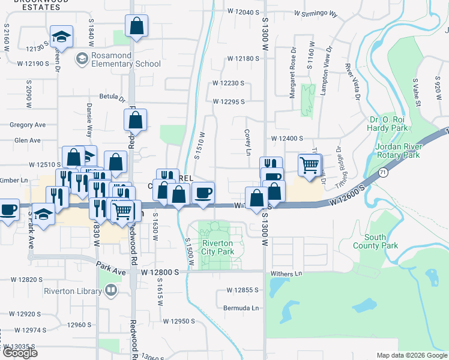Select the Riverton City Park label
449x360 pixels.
click(217, 247)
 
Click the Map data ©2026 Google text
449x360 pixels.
click(412, 355)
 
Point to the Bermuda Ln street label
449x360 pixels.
click(246, 308)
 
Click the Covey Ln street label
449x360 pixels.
click(247, 142)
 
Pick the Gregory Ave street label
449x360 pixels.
click(28, 125)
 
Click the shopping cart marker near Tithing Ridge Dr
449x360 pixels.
click(310, 164)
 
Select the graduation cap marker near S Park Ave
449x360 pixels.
click(43, 213)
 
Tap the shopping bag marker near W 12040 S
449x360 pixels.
click(137, 26)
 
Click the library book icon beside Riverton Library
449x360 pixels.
click(110, 292)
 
